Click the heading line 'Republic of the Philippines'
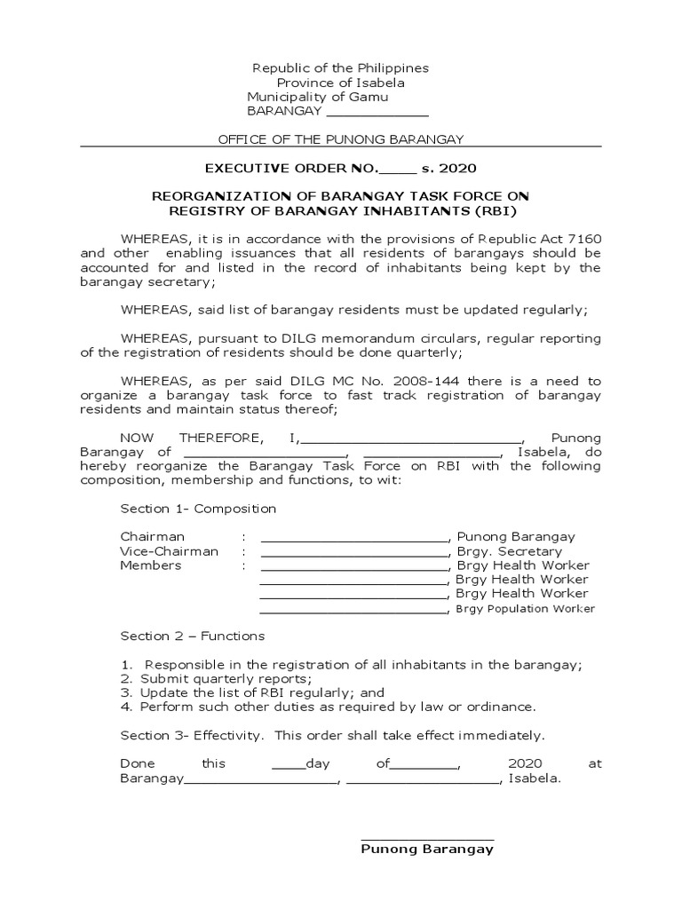click(x=340, y=68)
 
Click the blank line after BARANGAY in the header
click(x=378, y=112)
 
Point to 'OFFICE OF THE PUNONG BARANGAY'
click(x=341, y=139)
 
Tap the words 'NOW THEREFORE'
click(x=190, y=438)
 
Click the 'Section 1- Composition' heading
click(x=198, y=509)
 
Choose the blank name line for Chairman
click(x=353, y=537)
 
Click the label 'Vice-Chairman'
click(x=169, y=551)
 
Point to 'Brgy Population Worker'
click(x=525, y=609)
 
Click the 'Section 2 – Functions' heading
click(x=192, y=636)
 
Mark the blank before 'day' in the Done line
click(x=288, y=763)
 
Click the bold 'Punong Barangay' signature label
click(x=426, y=849)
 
